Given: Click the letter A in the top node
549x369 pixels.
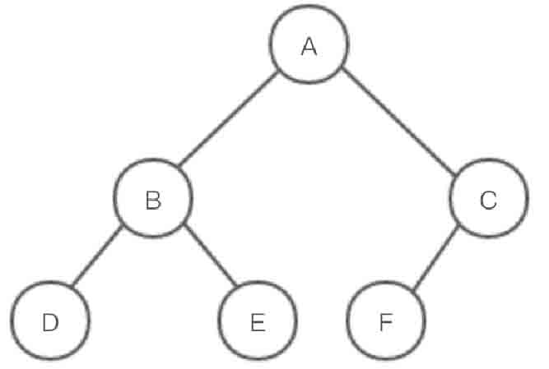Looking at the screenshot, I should tap(309, 47).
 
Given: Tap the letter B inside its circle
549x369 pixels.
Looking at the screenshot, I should tap(153, 201).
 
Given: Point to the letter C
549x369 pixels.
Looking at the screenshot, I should tap(487, 201).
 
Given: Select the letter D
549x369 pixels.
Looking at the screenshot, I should tap(50, 322).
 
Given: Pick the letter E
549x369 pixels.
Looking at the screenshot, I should tap(258, 322).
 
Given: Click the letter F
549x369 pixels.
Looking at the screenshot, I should tap(385, 322).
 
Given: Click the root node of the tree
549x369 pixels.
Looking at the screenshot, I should tap(309, 47).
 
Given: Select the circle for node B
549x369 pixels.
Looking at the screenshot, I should tap(153, 201).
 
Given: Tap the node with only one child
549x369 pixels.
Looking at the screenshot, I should tap(487, 201).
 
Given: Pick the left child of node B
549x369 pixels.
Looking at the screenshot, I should tap(50, 322).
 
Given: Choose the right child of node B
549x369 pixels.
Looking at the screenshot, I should tap(258, 322).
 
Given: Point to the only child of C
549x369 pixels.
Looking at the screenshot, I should tap(385, 322).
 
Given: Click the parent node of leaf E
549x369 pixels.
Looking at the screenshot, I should tap(153, 201).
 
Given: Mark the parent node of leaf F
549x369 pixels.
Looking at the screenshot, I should tap(487, 201).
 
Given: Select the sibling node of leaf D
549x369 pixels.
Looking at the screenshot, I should tap(258, 322).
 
